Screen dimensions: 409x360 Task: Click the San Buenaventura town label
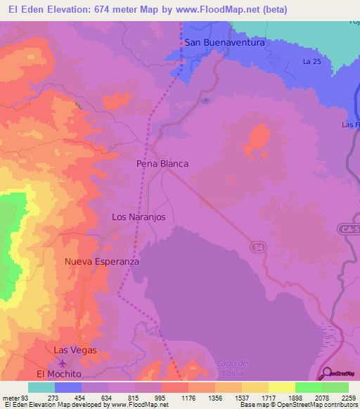click(x=224, y=42)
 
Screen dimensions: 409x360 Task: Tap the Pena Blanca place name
click(x=162, y=163)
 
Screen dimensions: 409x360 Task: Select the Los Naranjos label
click(x=139, y=217)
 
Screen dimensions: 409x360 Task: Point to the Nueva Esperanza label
click(x=102, y=261)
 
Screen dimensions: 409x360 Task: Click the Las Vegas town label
click(x=75, y=350)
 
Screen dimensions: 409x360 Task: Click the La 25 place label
click(x=311, y=62)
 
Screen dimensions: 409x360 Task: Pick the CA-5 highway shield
click(x=347, y=229)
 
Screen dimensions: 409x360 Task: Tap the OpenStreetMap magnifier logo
click(x=326, y=373)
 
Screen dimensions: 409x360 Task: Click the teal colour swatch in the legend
click(x=41, y=387)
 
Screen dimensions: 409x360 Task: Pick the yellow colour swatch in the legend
click(x=281, y=387)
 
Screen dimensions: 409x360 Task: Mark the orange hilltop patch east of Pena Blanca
click(x=257, y=141)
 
